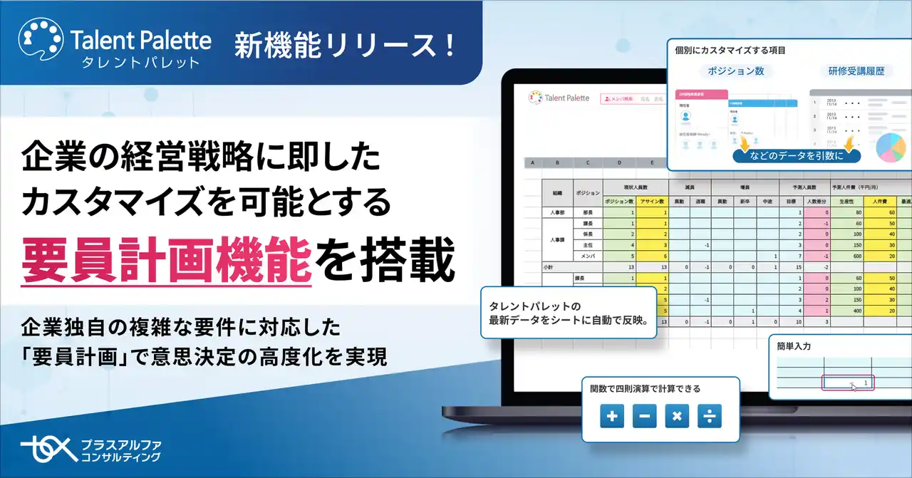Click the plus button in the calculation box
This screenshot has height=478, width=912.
(612, 416)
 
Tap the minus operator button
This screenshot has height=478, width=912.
(644, 416)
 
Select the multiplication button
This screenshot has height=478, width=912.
(677, 416)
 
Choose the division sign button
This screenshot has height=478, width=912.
(709, 416)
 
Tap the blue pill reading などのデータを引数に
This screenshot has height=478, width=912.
(796, 154)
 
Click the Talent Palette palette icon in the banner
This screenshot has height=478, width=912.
(40, 42)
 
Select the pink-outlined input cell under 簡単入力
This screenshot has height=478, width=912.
(847, 383)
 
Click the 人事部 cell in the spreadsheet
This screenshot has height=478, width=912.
(557, 212)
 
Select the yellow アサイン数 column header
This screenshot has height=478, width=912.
(652, 202)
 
